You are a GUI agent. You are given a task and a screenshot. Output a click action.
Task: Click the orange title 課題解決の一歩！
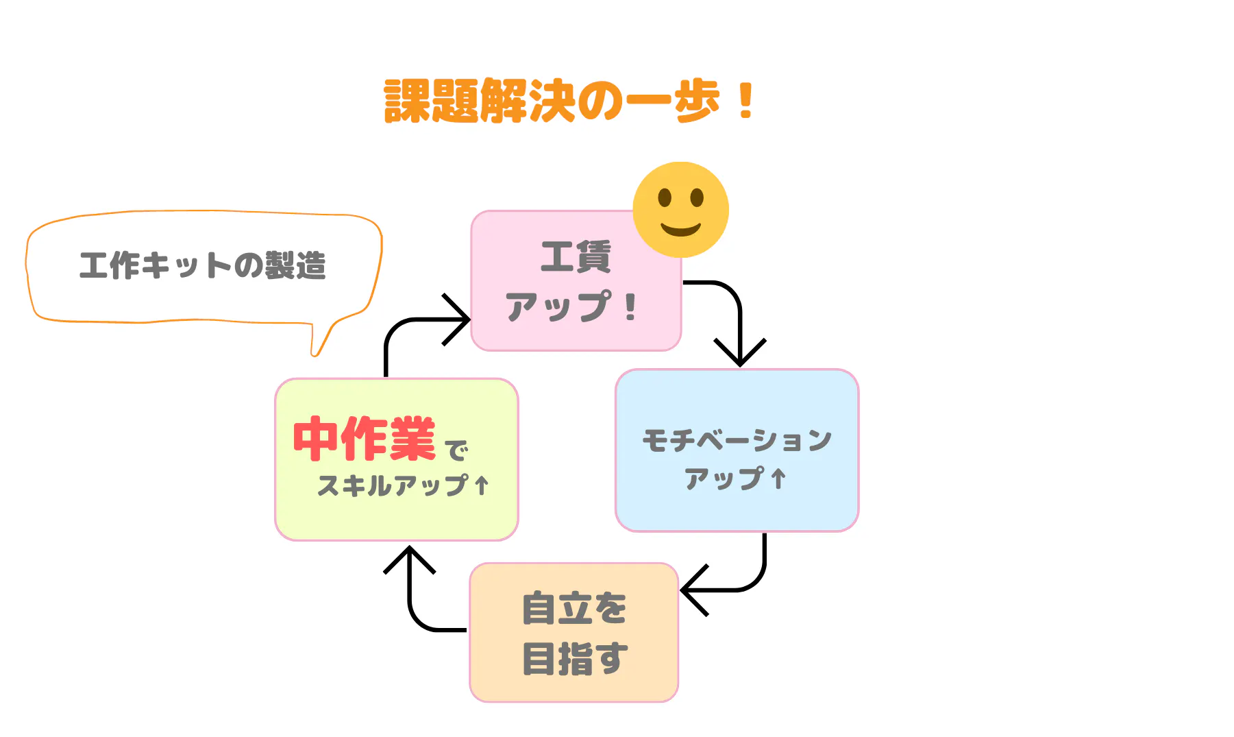click(569, 101)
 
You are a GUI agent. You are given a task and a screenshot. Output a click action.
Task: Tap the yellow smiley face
click(680, 210)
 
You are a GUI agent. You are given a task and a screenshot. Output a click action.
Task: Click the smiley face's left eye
click(665, 198)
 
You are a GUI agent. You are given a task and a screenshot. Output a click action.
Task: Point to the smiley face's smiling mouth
click(680, 229)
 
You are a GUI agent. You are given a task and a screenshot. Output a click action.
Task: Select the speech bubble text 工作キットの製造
click(203, 265)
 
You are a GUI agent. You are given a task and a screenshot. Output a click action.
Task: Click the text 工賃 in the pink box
click(576, 257)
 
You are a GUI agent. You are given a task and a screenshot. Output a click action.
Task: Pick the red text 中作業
click(365, 438)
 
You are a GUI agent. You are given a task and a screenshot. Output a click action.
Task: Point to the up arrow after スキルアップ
click(482, 485)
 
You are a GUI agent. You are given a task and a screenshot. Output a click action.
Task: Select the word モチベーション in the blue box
click(737, 439)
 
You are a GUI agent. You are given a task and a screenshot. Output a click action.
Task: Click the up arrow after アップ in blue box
click(778, 479)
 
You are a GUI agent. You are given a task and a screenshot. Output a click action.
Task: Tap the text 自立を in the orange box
click(574, 608)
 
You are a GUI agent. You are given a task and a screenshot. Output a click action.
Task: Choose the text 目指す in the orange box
click(574, 658)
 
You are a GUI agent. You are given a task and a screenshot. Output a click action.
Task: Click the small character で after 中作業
click(456, 450)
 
